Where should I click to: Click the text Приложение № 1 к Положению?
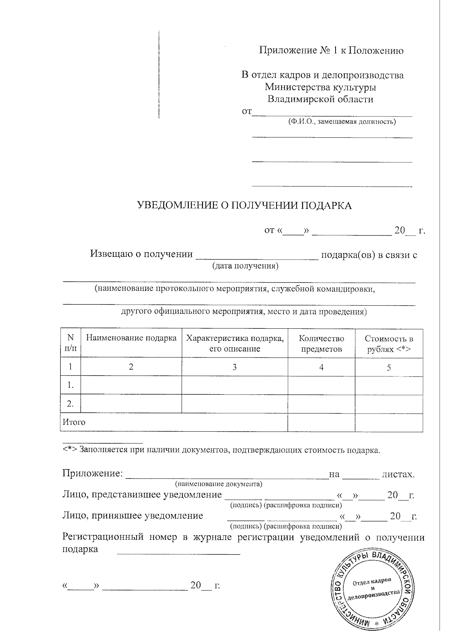(x=331, y=50)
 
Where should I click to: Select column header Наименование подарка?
(x=131, y=338)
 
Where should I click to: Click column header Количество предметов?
(x=321, y=343)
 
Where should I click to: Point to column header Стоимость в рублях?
(x=389, y=343)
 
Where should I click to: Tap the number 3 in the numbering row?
(x=235, y=367)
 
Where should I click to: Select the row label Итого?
(x=74, y=422)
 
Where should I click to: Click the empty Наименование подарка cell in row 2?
(x=131, y=404)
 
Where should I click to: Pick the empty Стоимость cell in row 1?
(x=389, y=386)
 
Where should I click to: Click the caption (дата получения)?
(x=245, y=266)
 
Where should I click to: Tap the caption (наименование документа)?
(x=219, y=484)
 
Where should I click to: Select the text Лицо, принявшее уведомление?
(x=132, y=516)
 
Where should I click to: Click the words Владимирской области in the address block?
(x=320, y=99)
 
